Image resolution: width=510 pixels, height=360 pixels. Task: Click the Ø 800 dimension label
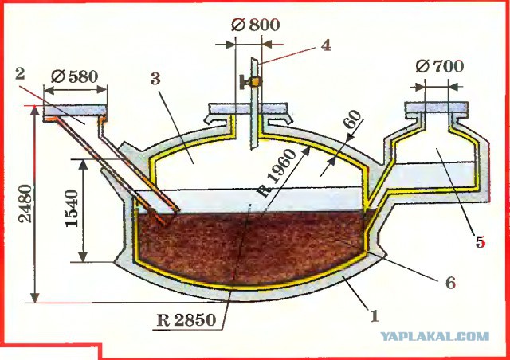click(x=255, y=25)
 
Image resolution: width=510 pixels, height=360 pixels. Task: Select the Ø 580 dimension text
click(x=74, y=77)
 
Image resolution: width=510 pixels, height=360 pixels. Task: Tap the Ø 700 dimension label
click(x=440, y=66)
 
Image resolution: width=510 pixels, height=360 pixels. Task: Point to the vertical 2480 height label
click(x=25, y=204)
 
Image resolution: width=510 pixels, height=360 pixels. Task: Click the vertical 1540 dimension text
click(x=72, y=209)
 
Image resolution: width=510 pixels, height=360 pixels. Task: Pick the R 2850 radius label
click(x=186, y=320)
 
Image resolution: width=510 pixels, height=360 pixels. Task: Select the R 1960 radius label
click(x=277, y=173)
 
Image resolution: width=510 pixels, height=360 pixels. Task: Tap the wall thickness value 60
click(x=353, y=119)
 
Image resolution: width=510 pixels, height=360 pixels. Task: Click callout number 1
click(x=375, y=315)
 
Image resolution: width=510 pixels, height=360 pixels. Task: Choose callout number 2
click(x=20, y=74)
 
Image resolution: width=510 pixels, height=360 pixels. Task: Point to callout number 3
click(x=156, y=79)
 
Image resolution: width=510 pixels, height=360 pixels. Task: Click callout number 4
click(x=326, y=45)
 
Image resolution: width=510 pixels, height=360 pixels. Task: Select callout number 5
click(x=480, y=242)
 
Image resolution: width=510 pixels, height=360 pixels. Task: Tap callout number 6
click(x=450, y=283)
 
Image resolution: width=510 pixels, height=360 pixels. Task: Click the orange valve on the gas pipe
click(x=256, y=82)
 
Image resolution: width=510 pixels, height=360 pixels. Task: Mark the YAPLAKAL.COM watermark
click(x=435, y=336)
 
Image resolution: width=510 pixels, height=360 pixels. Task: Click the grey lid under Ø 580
click(x=76, y=110)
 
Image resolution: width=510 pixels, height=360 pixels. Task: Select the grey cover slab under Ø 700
click(x=437, y=108)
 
